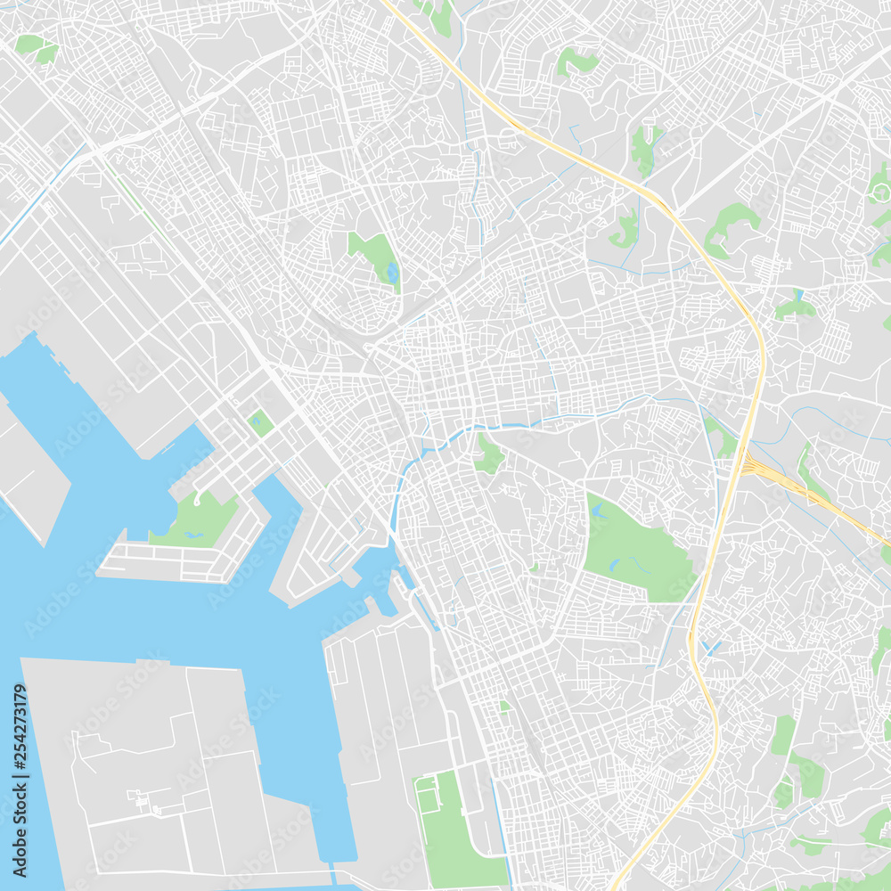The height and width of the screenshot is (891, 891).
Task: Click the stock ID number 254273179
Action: pyautogui.click(x=20, y=743)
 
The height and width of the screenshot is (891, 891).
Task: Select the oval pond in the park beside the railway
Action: pyautogui.click(x=393, y=271)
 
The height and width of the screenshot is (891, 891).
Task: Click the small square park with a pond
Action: pyautogui.click(x=260, y=422)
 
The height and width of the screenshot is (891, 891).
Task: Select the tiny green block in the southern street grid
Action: pyautogui.click(x=505, y=707)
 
